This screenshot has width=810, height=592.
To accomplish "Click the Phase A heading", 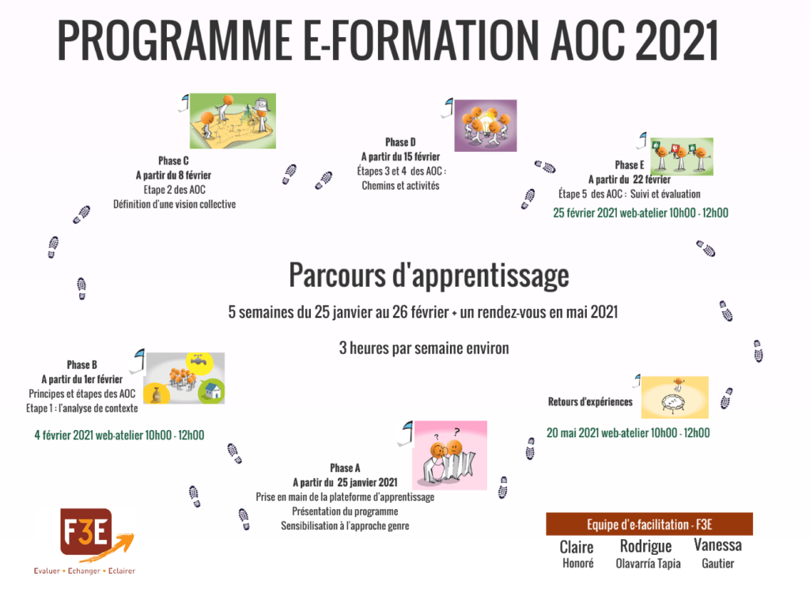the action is click(345, 468).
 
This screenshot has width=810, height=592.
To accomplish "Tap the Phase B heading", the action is click(81, 365).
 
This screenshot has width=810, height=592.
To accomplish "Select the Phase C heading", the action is click(173, 161).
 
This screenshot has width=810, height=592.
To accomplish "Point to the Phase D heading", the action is click(400, 142).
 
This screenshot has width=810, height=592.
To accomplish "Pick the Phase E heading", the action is click(629, 165).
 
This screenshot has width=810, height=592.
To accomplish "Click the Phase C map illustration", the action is click(233, 121).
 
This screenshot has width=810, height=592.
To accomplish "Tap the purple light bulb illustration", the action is click(486, 126).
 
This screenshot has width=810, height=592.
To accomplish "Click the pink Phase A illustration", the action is click(450, 455).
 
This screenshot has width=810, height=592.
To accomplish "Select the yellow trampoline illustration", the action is click(675, 397).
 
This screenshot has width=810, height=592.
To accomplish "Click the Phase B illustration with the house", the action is click(184, 379).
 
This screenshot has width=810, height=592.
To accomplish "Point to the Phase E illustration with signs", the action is click(682, 156).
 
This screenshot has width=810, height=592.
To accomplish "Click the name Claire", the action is click(577, 547).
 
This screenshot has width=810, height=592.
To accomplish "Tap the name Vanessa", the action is click(717, 545).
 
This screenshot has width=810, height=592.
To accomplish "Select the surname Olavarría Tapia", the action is click(648, 564).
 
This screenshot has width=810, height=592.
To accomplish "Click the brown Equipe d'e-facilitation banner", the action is click(649, 524).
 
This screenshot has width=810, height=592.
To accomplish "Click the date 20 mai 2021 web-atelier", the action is click(628, 433).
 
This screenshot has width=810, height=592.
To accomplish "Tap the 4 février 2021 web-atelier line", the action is click(119, 435).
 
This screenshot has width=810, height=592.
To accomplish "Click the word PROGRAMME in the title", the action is click(175, 40).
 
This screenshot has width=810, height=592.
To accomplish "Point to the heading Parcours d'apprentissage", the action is click(429, 275).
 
